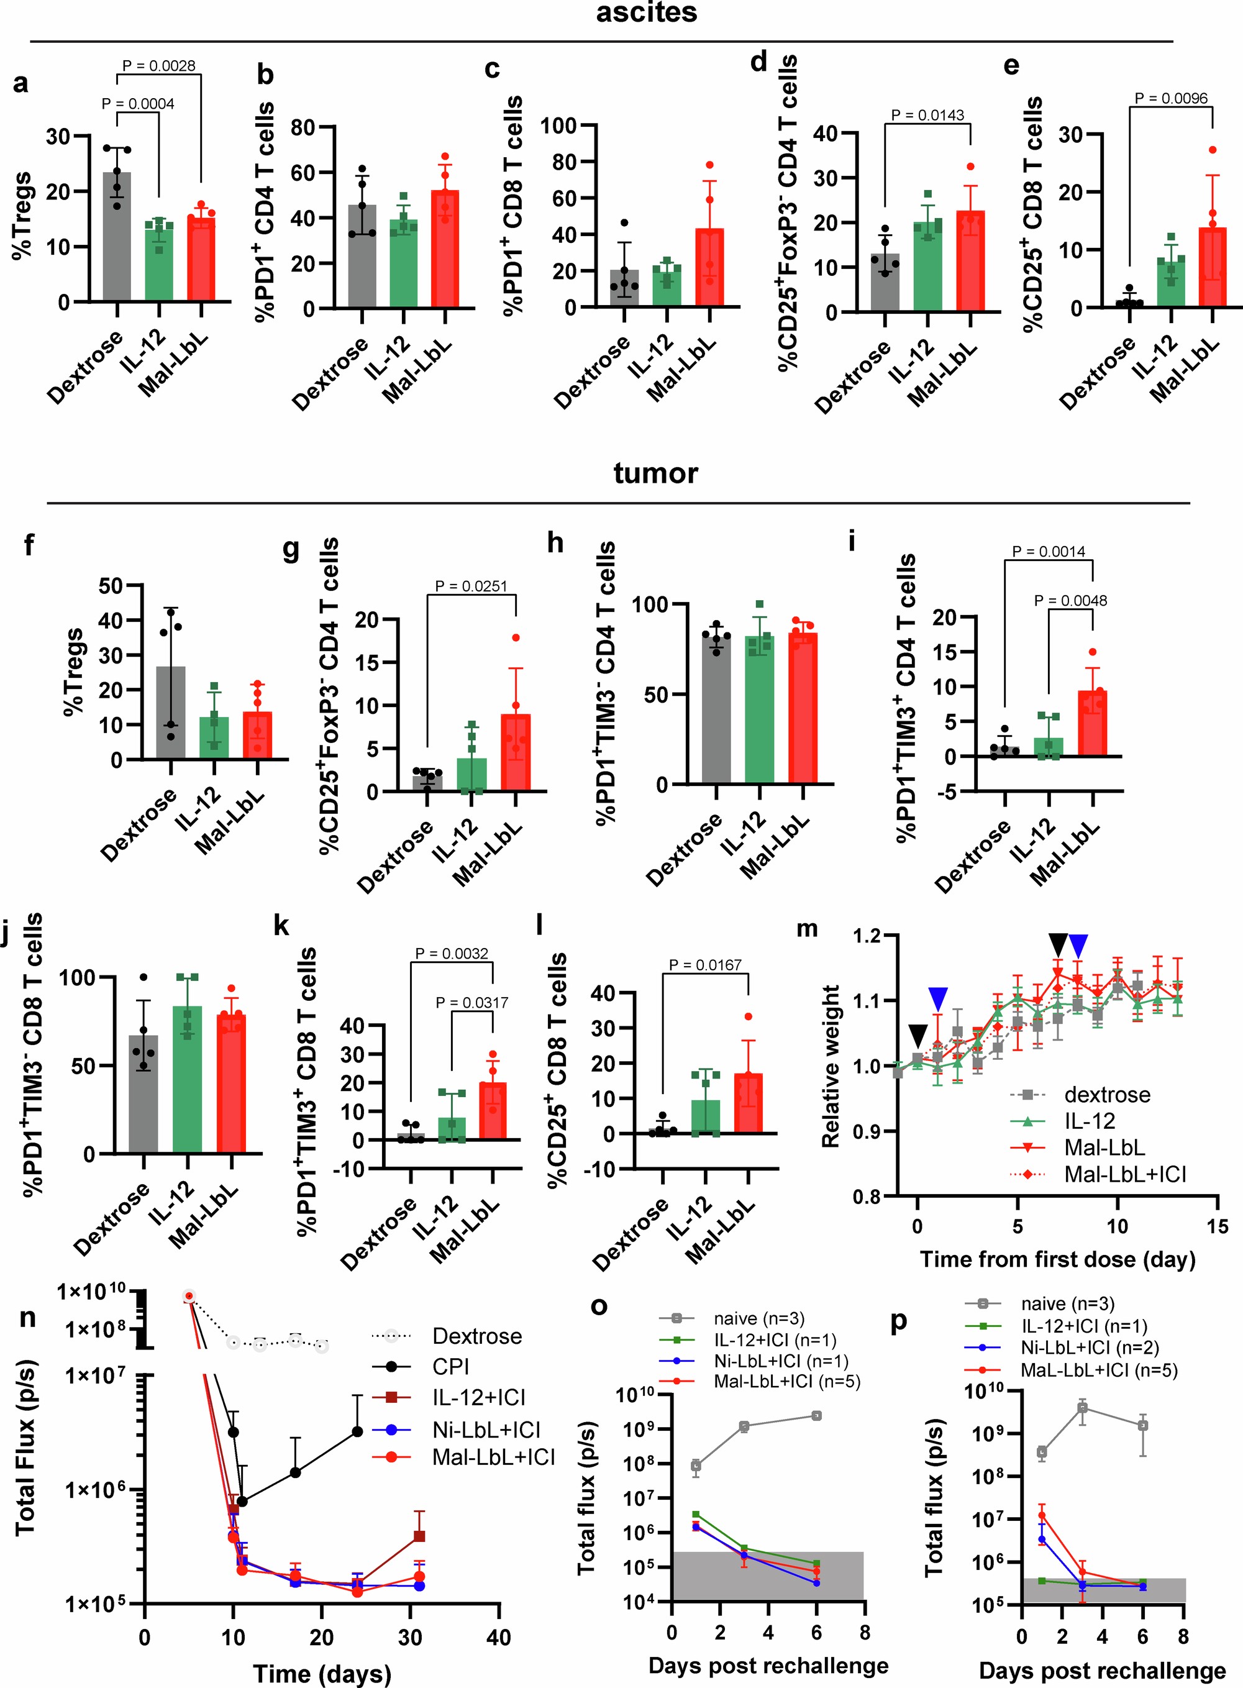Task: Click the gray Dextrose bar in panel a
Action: (x=117, y=237)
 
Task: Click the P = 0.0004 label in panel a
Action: (x=138, y=104)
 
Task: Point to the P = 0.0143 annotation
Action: (x=927, y=114)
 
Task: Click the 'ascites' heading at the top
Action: (x=646, y=13)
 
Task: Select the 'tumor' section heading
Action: (x=655, y=473)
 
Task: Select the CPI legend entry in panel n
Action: (x=450, y=1367)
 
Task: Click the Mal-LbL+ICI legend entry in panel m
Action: (x=1124, y=1174)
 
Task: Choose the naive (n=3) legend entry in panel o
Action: (x=758, y=1318)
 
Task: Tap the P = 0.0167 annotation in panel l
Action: (x=705, y=964)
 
